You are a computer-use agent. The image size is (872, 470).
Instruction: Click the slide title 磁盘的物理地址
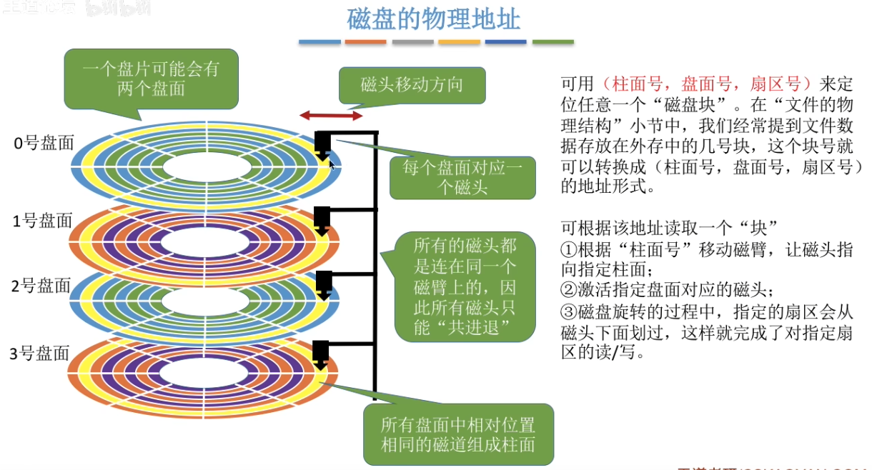[x=434, y=19]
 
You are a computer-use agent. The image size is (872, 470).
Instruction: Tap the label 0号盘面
[x=44, y=143]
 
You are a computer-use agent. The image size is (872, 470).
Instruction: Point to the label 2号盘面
[x=41, y=286]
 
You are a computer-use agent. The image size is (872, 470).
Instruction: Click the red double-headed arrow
[x=330, y=115]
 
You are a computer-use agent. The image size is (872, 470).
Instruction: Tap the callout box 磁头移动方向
[x=411, y=85]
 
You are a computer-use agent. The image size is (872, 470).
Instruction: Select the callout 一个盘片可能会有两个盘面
[x=150, y=78]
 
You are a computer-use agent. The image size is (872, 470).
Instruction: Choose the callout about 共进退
[x=465, y=286]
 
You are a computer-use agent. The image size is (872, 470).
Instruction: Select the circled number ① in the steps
[x=568, y=251]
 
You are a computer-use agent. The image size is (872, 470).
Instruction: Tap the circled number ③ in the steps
[x=568, y=312]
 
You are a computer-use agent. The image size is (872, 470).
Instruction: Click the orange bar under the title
[x=365, y=42]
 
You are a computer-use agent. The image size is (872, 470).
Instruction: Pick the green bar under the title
[x=553, y=42]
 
